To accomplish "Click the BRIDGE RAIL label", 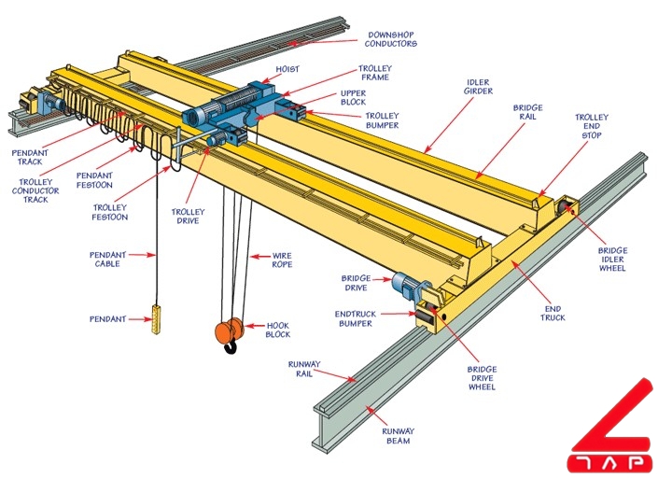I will (x=528, y=113).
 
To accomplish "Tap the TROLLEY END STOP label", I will (x=591, y=126).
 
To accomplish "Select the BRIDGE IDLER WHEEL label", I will (x=612, y=260).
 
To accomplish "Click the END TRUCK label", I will (x=554, y=312).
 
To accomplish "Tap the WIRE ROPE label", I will (x=282, y=260).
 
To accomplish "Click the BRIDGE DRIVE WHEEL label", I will (x=482, y=377).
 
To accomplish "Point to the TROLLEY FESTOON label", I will (x=110, y=212).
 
